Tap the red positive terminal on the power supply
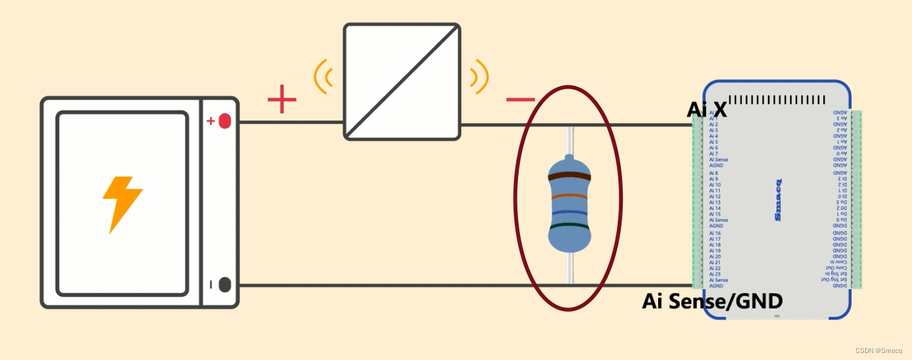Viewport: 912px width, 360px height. (x=224, y=121)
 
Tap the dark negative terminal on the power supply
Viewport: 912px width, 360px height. (x=224, y=284)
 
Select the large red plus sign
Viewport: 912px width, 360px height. (x=282, y=100)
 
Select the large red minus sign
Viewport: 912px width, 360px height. (x=520, y=100)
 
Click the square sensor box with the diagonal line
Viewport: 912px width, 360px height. (x=402, y=82)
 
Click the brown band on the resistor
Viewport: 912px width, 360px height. (x=569, y=175)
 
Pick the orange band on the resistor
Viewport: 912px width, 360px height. (x=569, y=197)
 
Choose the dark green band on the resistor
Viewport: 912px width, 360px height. (x=569, y=226)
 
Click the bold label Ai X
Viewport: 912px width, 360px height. (x=707, y=110)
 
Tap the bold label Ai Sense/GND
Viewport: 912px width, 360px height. (x=712, y=301)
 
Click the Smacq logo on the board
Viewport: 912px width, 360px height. (x=778, y=200)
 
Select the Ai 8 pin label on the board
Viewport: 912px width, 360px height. (x=714, y=173)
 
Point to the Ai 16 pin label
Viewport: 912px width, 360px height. (x=715, y=233)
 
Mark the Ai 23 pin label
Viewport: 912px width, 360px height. (x=715, y=274)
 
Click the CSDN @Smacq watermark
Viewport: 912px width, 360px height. (x=881, y=350)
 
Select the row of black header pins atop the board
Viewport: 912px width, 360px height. (x=778, y=100)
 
